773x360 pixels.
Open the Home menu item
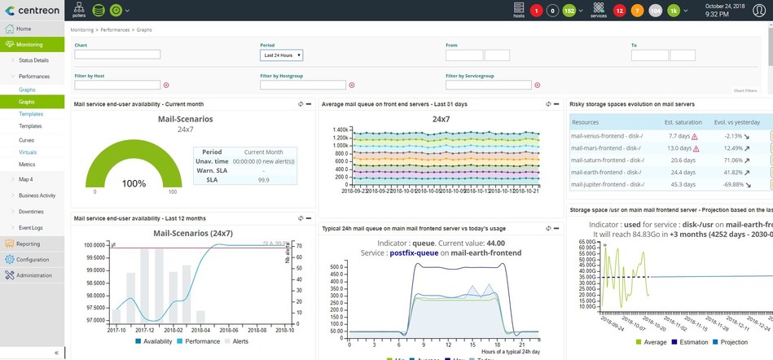pyautogui.click(x=24, y=29)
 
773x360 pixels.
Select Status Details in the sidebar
pyautogui.click(x=33, y=60)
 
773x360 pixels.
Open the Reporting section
pyautogui.click(x=28, y=244)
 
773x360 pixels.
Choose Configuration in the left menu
pyautogui.click(x=32, y=259)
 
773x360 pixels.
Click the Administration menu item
pyautogui.click(x=33, y=275)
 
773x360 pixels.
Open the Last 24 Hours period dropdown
pyautogui.click(x=281, y=55)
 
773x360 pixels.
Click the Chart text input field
pyautogui.click(x=117, y=55)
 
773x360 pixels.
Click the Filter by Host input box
pyautogui.click(x=117, y=85)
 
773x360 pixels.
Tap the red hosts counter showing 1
pyautogui.click(x=536, y=11)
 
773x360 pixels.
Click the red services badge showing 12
pyautogui.click(x=619, y=11)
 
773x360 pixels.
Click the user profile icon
pyautogui.click(x=759, y=11)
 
